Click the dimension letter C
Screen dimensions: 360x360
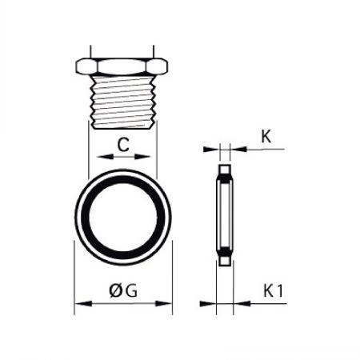click(123, 145)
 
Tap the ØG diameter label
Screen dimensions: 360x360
click(123, 290)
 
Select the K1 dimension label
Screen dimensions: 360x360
click(273, 290)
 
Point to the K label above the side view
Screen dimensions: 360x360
click(266, 137)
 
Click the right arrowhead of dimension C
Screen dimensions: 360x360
click(142, 157)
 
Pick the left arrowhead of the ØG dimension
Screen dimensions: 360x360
click(83, 303)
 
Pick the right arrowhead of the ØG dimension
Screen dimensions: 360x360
click(163, 303)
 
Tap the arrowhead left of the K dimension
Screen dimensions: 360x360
click(211, 150)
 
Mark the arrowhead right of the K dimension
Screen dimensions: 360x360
click(238, 150)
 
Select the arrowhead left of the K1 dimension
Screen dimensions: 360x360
click(208, 303)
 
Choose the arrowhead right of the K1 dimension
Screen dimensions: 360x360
click(242, 303)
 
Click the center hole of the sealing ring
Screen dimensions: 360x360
click(123, 218)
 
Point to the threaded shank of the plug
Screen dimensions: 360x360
click(123, 102)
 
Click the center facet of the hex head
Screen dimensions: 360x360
click(122, 66)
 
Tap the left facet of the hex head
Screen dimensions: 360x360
click(86, 66)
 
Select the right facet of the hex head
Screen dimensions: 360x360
click(158, 66)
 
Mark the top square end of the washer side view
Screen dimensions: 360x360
click(225, 170)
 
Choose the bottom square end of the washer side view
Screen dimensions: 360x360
click(225, 261)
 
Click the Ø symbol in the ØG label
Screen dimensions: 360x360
click(115, 290)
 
